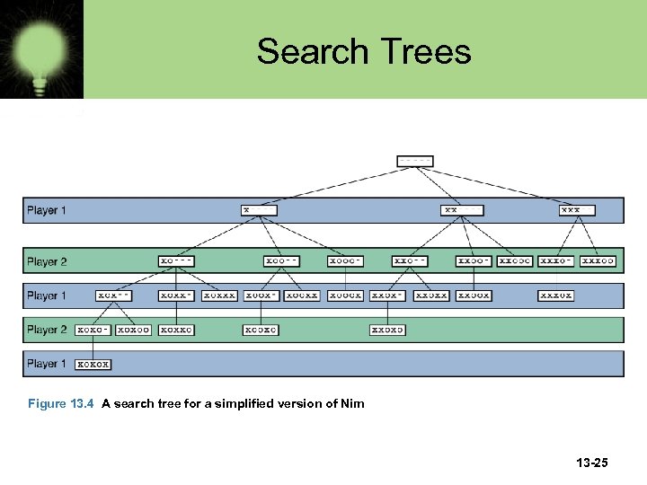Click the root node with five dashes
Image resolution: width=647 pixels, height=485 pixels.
click(x=415, y=162)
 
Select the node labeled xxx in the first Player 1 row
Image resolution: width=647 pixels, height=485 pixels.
click(x=577, y=210)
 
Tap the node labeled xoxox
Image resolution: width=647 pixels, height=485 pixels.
click(x=93, y=365)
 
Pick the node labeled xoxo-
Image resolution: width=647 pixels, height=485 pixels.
click(x=93, y=330)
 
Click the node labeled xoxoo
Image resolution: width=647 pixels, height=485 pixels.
click(x=134, y=330)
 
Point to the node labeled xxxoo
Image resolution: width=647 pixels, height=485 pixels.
click(x=598, y=261)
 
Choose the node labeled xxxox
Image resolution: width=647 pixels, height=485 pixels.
click(x=556, y=295)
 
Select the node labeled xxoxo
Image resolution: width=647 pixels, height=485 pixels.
click(x=387, y=330)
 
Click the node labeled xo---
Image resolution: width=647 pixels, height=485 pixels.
click(x=176, y=261)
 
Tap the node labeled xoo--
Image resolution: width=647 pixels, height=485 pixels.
click(x=282, y=261)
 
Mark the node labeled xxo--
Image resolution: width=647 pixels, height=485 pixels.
click(x=410, y=261)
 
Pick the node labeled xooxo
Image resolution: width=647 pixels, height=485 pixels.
click(x=261, y=330)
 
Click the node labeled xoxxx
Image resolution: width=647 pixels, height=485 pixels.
click(x=220, y=295)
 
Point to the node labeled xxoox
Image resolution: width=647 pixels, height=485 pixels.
click(x=474, y=295)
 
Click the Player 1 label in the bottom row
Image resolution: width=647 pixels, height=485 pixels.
click(x=47, y=364)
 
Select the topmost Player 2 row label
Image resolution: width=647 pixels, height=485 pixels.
click(x=47, y=261)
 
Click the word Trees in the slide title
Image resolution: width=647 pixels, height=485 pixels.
click(x=423, y=51)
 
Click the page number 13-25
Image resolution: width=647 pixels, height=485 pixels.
click(x=591, y=463)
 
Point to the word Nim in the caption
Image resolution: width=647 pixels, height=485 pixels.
click(x=352, y=403)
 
